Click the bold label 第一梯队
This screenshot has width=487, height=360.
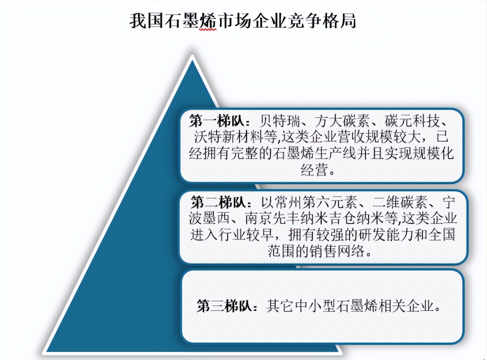coord(219,121)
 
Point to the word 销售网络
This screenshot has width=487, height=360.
coord(331,251)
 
